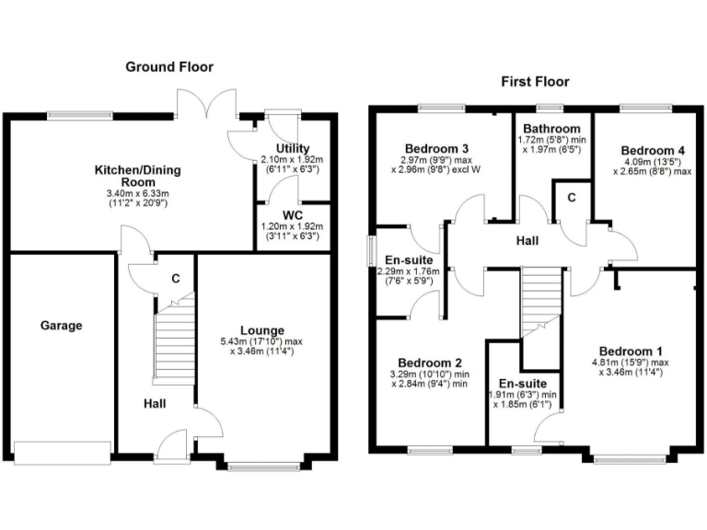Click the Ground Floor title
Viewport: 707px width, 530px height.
169,66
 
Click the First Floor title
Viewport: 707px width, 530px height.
535,82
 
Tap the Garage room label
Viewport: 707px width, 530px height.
62,326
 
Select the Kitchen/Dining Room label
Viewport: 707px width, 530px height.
137,170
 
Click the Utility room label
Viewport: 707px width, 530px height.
293,148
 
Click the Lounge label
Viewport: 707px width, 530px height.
262,330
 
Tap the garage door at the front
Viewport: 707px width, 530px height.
57,452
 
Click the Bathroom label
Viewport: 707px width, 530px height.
552,129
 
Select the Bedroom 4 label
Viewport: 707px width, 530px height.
653,151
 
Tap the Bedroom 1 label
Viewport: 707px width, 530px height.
631,351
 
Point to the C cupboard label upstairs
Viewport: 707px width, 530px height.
571,197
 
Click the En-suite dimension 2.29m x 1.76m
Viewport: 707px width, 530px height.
407,271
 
